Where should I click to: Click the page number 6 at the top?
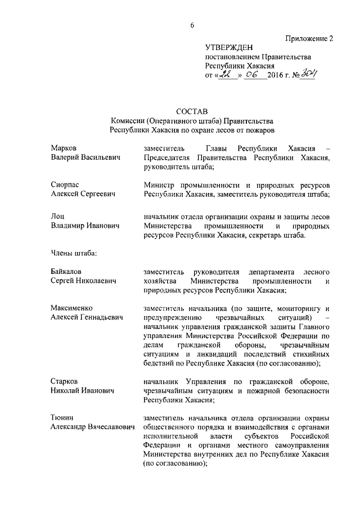192,25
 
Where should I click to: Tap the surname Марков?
64,147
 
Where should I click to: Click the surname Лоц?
57,216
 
